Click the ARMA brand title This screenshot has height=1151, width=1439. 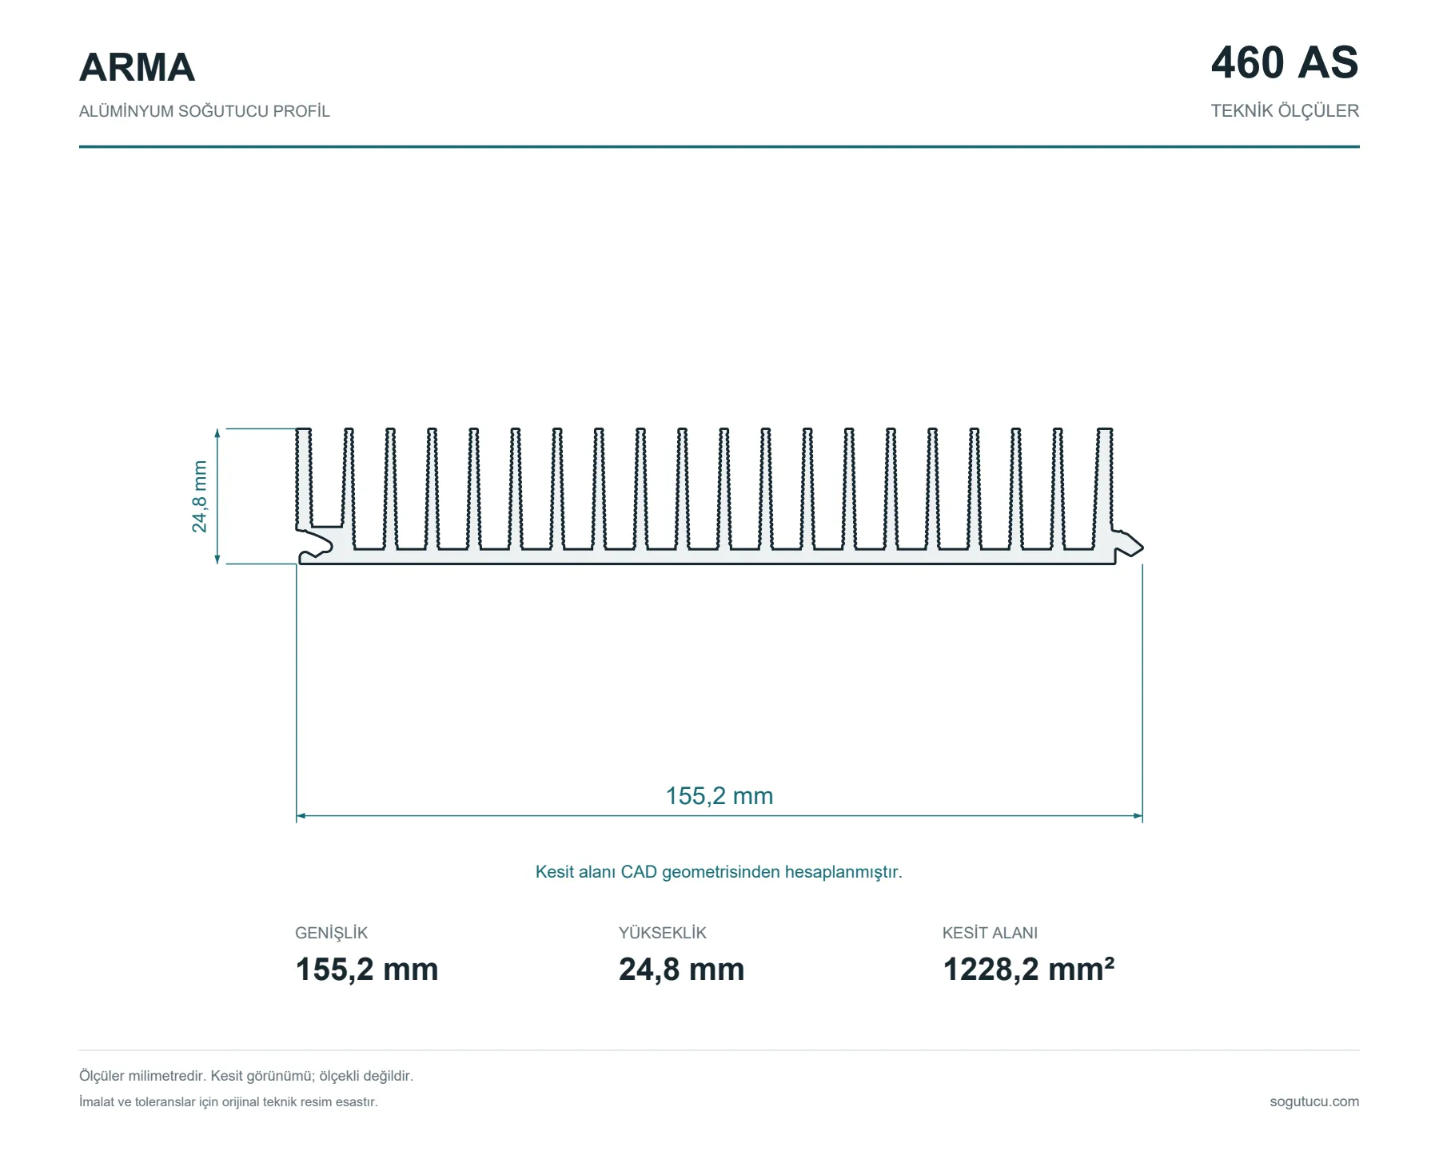pos(137,67)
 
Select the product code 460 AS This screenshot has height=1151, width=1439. pos(1285,62)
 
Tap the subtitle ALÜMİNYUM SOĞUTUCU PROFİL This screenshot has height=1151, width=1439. pos(204,111)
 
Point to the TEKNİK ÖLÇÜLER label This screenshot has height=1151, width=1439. pos(1285,111)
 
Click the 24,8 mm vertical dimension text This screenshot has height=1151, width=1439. pos(199,496)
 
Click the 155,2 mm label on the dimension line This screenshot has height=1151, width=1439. pos(719,796)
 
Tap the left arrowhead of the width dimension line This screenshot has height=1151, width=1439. pos(301,816)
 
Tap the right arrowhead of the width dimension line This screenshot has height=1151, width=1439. pos(1138,816)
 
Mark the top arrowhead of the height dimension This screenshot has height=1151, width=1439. pos(217,433)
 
